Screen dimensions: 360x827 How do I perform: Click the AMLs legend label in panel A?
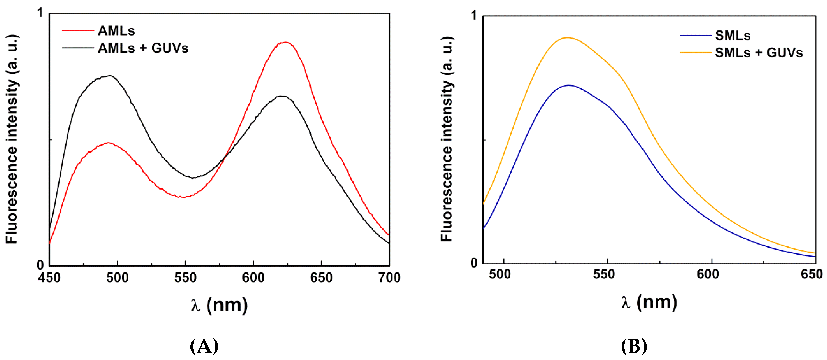(x=116, y=31)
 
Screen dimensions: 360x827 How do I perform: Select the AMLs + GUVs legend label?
(x=143, y=48)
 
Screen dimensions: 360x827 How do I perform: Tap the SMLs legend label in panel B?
(x=733, y=36)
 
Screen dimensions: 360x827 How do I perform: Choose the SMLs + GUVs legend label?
(x=759, y=53)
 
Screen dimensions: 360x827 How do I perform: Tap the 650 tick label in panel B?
(x=811, y=274)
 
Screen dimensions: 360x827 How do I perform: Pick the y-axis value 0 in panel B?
(x=474, y=263)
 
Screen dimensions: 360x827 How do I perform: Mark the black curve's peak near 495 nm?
(x=110, y=76)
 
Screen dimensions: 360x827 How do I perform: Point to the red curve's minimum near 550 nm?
(x=183, y=197)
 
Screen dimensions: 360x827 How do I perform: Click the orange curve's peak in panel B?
(x=567, y=38)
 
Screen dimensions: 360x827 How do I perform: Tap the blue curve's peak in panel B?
(x=569, y=85)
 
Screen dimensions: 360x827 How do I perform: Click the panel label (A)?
(x=204, y=346)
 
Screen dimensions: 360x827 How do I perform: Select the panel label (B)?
(x=634, y=346)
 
